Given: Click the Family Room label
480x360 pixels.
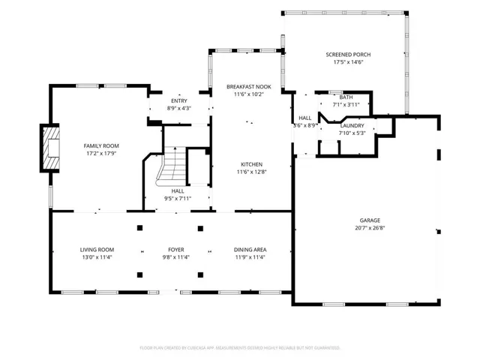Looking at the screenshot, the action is [101, 146].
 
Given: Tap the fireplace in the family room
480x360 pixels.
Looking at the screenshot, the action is [50, 148].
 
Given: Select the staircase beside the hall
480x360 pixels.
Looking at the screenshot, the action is [172, 166].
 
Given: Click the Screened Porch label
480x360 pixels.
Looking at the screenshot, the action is [348, 55].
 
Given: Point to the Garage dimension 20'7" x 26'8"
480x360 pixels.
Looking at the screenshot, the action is [370, 228].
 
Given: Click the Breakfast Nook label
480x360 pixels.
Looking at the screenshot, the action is [249, 87].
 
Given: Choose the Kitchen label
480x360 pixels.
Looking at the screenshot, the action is [251, 164].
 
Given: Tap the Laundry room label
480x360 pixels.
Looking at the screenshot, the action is [352, 126].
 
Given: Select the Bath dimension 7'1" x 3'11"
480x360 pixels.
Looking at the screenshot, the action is [346, 105].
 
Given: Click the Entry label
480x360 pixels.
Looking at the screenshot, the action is [179, 101].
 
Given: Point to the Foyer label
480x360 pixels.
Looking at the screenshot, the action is [176, 250].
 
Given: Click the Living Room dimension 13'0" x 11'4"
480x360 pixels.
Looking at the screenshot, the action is [97, 257].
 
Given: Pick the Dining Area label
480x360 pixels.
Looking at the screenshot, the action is [250, 250].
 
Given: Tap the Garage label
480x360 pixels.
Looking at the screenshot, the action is [370, 220].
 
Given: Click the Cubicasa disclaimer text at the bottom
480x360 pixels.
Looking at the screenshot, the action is [240, 348].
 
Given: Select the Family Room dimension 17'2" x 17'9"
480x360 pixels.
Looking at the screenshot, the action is [101, 154].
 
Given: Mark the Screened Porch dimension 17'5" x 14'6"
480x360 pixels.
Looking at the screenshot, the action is [348, 62].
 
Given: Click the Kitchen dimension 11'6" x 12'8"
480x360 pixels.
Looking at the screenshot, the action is [251, 172].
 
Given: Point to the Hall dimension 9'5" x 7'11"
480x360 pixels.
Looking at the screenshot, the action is [178, 199].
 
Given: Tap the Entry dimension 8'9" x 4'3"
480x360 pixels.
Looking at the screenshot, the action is [179, 108].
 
